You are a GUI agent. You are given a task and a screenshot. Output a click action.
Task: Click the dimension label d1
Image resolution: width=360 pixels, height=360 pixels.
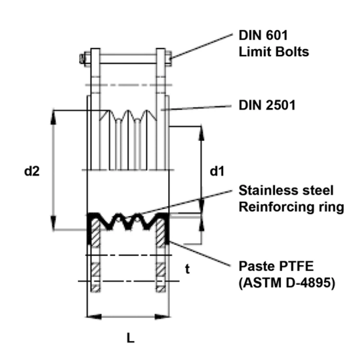click(217, 171)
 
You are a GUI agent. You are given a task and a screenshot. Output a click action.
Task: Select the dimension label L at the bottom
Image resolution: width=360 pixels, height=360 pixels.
click(130, 338)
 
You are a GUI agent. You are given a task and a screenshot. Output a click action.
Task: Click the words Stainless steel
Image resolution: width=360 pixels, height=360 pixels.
click(286, 190)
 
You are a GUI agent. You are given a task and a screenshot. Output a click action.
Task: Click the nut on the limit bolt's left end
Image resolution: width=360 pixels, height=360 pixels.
click(83, 58)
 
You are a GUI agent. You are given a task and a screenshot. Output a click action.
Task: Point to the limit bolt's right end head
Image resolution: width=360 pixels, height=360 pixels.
click(170, 58)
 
